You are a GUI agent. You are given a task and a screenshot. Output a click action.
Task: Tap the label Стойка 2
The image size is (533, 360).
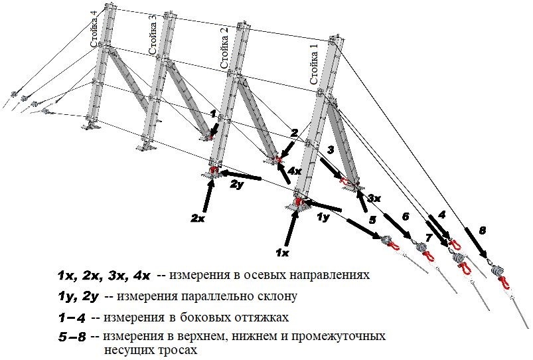[x=224, y=48]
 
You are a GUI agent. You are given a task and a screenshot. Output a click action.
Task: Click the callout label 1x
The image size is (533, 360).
[x=282, y=253]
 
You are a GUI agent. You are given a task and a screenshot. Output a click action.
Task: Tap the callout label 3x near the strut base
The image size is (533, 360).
[x=374, y=197]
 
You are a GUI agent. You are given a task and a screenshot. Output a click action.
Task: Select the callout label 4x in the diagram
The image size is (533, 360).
[x=294, y=170]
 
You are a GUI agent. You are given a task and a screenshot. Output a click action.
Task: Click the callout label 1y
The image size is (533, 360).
[x=323, y=217]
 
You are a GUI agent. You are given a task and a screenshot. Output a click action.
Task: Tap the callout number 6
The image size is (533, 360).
[x=406, y=216]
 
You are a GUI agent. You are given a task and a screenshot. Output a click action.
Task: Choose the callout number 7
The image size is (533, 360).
[x=428, y=237]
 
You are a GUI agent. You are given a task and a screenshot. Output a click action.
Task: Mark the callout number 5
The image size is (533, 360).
[x=372, y=219]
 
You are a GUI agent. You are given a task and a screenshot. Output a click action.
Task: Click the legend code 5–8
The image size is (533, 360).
[x=72, y=337]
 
